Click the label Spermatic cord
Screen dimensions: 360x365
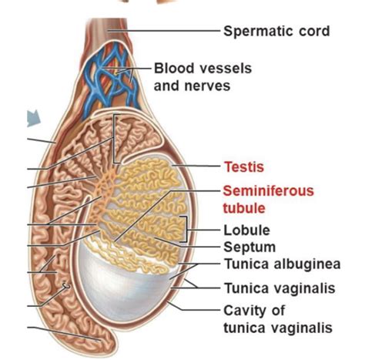(x=276, y=32)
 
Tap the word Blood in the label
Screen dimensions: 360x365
(x=171, y=69)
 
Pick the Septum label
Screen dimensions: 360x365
(x=248, y=247)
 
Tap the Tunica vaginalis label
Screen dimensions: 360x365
(x=279, y=289)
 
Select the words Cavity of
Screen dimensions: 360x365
(x=253, y=311)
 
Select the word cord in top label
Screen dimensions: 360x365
(x=314, y=32)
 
